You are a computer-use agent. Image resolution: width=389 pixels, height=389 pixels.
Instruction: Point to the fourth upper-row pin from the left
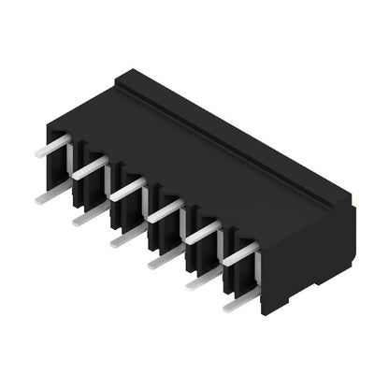(164, 210)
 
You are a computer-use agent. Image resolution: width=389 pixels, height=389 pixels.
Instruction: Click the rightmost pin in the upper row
(238, 252)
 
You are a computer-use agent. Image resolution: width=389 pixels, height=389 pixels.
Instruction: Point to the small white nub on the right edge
(354, 202)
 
